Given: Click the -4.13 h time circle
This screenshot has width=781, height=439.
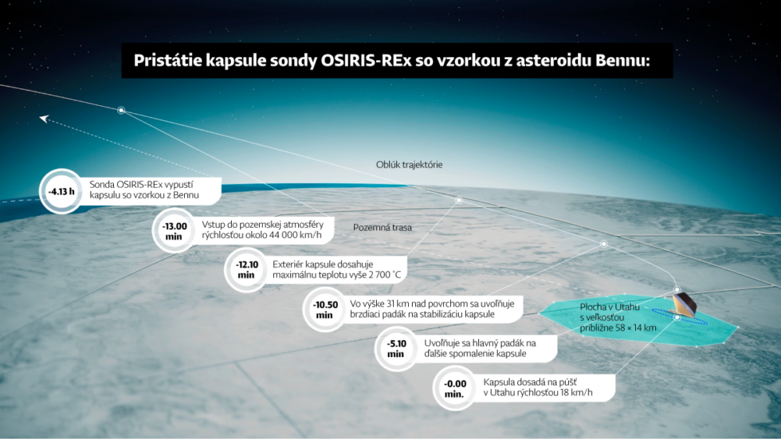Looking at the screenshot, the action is [61, 191].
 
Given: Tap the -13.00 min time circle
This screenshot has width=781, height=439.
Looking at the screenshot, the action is [174, 230].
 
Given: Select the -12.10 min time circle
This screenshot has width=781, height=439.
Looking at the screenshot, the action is [246, 270].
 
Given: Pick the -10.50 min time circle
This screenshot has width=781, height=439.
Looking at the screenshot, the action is [324, 309].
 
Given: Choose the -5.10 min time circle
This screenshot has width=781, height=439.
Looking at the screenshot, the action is [396, 348].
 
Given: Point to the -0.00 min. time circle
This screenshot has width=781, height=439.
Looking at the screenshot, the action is [454, 388].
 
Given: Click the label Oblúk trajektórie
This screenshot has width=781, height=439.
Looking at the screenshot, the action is [409, 165].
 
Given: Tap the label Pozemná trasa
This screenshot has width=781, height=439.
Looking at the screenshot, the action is [383, 227].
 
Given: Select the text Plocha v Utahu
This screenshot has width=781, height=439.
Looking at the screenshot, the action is [610, 307].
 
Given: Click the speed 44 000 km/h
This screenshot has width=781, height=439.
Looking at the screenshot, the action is [296, 235].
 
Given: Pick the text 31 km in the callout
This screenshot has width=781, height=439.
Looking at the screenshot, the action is [398, 304].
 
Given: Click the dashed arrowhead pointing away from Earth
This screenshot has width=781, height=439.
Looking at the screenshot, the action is [45, 119].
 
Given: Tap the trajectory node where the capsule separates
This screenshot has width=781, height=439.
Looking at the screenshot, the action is [121, 110].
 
